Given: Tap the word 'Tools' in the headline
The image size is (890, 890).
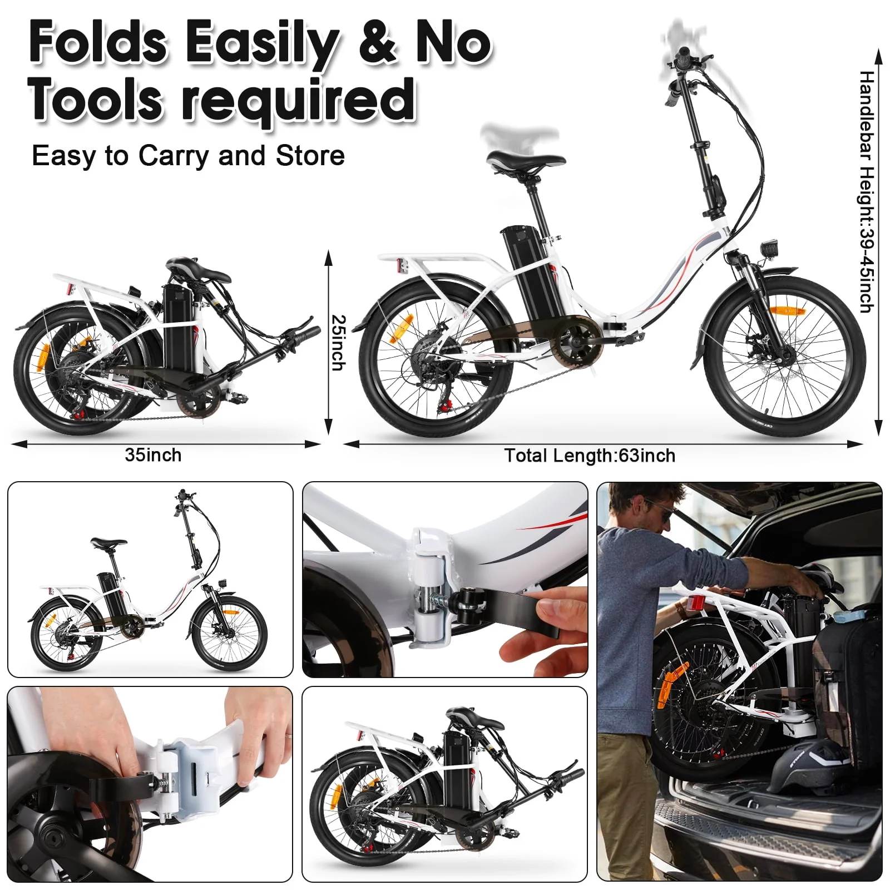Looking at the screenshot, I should (95, 100).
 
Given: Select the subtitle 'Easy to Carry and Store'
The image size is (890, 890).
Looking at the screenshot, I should (188, 156).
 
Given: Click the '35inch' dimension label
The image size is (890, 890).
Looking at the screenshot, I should (153, 455).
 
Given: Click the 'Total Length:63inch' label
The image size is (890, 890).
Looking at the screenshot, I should (590, 456).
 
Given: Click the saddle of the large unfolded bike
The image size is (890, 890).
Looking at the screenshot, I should (525, 161).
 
